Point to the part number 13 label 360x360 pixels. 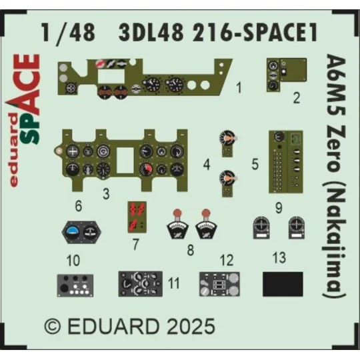point(279,256)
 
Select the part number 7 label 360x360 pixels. point(137,244)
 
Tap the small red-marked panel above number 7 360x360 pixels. point(137,215)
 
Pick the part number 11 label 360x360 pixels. point(174,283)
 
